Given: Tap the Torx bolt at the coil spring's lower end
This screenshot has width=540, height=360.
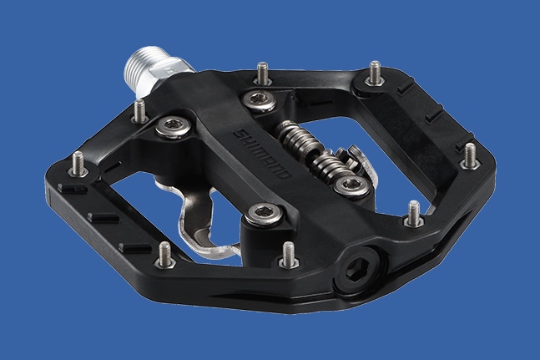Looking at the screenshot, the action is (351, 186).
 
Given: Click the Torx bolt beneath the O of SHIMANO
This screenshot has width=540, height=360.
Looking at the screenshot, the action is (265, 214).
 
